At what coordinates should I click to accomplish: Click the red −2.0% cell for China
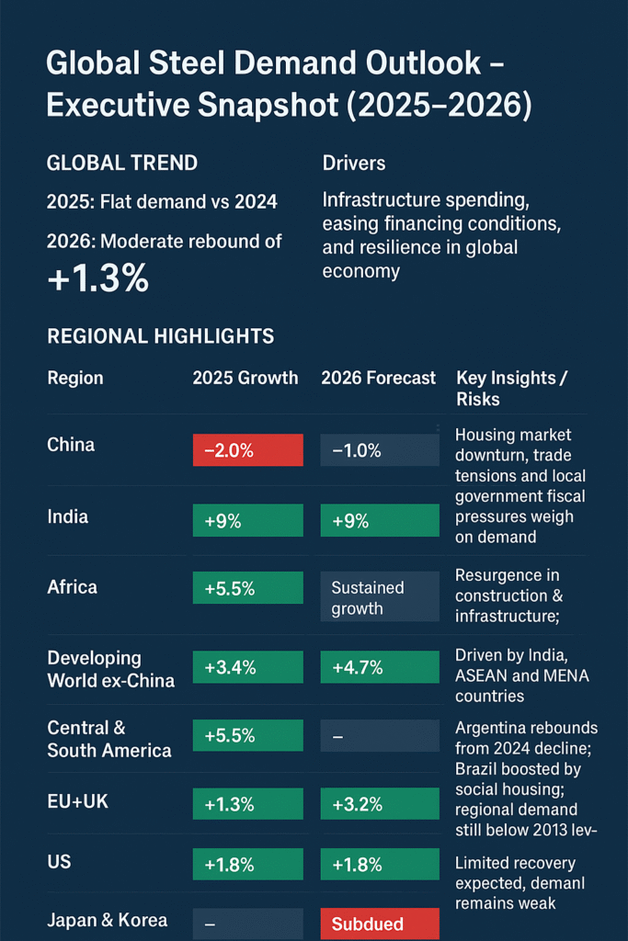point(247,449)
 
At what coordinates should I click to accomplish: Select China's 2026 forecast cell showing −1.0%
point(380,449)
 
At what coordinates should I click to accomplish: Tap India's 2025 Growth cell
point(247,520)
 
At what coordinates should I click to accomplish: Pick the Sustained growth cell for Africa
point(380,596)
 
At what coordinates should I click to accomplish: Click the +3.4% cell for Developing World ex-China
point(247,666)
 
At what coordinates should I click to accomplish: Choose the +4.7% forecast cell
point(380,666)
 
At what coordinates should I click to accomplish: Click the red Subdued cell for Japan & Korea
point(380,924)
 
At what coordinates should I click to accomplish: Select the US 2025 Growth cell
point(247,865)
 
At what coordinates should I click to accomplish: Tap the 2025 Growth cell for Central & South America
point(247,735)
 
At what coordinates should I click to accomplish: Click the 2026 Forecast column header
point(379,378)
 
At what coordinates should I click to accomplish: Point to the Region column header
point(75,378)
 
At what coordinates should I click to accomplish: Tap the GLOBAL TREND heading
point(122,164)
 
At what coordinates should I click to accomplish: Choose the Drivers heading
point(354,164)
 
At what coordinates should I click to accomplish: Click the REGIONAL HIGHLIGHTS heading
point(161,336)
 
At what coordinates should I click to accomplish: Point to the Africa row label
point(72,586)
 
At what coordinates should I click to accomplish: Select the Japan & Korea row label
point(108,921)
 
